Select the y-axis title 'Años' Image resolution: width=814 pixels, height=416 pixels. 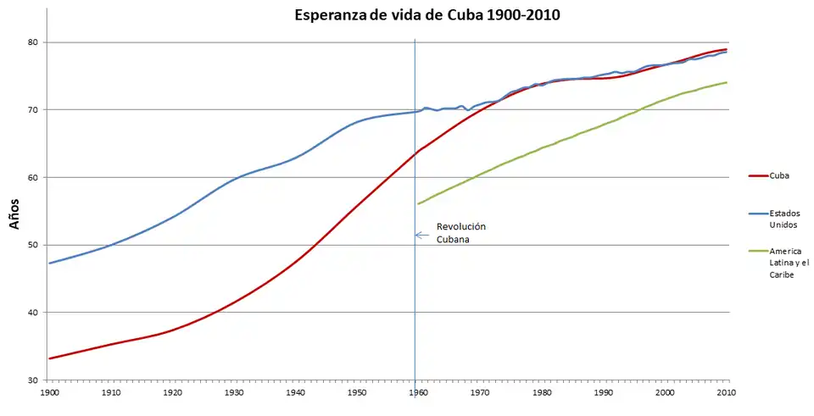[14, 212]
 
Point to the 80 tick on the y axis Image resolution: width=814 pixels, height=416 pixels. [34, 42]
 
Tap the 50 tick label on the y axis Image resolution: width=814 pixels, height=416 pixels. [34, 245]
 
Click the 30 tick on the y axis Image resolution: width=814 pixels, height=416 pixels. [34, 380]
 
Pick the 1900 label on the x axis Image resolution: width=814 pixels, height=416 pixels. [49, 393]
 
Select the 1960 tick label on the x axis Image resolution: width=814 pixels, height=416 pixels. [415, 393]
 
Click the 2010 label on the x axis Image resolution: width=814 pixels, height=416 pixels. [727, 393]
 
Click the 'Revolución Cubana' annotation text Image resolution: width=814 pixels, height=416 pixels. [460, 233]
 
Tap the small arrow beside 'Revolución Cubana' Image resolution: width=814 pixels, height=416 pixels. [420, 236]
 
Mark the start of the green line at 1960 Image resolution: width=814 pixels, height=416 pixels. [416, 203]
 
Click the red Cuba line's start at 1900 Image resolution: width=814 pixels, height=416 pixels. [49, 358]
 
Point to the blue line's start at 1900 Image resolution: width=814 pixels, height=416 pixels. [49, 263]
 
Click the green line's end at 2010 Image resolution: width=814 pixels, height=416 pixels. [727, 82]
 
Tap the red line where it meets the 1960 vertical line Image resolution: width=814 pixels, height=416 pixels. [415, 153]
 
